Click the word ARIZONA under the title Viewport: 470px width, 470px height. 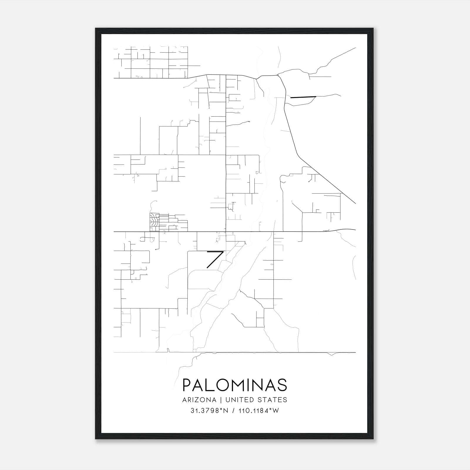pyautogui.click(x=199, y=400)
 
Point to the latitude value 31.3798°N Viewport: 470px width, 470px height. pyautogui.click(x=209, y=411)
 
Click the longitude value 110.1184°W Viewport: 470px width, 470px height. pyautogui.click(x=258, y=411)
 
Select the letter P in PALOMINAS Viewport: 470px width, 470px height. pyautogui.click(x=187, y=385)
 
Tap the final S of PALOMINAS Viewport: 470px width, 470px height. pyautogui.click(x=282, y=385)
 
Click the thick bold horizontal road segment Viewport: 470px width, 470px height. pyautogui.click(x=303, y=97)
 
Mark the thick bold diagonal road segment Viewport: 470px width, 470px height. pyautogui.click(x=215, y=260)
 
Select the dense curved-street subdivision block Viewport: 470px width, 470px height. pyautogui.click(x=153, y=222)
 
